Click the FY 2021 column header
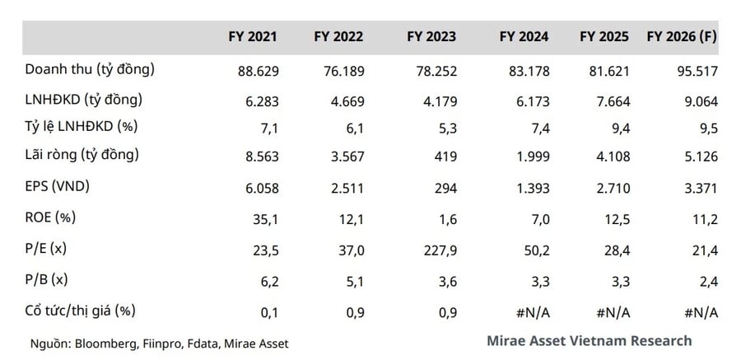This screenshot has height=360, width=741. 253,37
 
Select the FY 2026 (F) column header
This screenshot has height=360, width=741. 682,37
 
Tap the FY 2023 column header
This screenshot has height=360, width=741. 431,37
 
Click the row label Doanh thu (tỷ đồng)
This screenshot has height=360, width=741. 90,70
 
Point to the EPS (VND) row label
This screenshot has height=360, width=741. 57,187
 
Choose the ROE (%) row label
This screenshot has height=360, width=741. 50,217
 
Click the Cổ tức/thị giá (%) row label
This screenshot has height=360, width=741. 81,311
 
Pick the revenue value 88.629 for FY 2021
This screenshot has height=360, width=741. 259,72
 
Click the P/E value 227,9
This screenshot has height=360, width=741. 440,250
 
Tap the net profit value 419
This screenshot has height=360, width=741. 445,157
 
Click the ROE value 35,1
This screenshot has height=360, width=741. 266,219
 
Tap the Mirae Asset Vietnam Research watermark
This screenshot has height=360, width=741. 590,340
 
